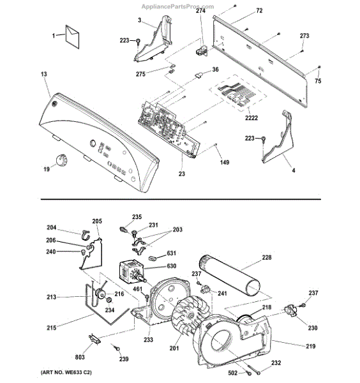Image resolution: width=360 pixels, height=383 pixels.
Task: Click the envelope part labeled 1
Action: point(72,36)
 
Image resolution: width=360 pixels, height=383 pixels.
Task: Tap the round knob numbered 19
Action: point(61,160)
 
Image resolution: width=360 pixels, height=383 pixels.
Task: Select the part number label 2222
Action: point(251,118)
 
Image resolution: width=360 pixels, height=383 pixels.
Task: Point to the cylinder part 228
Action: point(230,274)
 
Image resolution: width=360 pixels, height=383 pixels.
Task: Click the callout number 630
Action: point(172,266)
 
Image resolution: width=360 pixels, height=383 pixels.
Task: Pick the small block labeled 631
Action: point(153,258)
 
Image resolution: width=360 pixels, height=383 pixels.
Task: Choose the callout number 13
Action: point(44,74)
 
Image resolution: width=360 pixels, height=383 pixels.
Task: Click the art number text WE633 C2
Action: point(77,373)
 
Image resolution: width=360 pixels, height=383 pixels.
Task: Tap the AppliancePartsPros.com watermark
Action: point(178,6)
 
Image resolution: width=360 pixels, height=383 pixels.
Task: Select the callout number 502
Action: point(232,373)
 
